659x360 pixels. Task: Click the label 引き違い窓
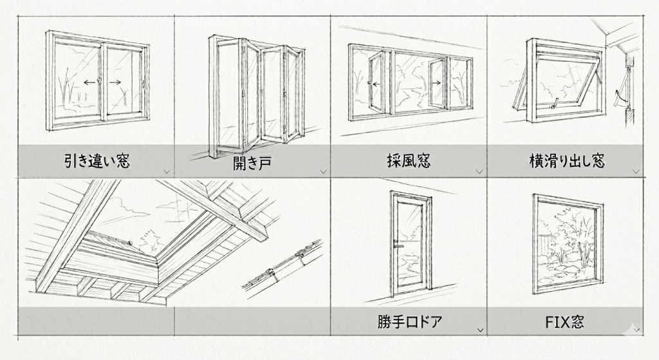[x=97, y=161]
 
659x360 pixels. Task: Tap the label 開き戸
[x=252, y=162]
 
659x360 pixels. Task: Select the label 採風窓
[x=409, y=161]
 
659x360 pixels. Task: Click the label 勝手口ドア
[x=409, y=321]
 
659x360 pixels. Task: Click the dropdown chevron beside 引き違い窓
[x=167, y=171]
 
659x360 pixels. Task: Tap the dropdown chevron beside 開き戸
[x=323, y=171]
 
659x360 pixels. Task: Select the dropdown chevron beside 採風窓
[x=479, y=171]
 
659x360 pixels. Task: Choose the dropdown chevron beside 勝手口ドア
[x=479, y=330]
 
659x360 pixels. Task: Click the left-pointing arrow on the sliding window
[x=89, y=82]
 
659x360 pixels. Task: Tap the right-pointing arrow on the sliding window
[x=115, y=82]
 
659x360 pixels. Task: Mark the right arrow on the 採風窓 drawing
[x=437, y=82]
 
